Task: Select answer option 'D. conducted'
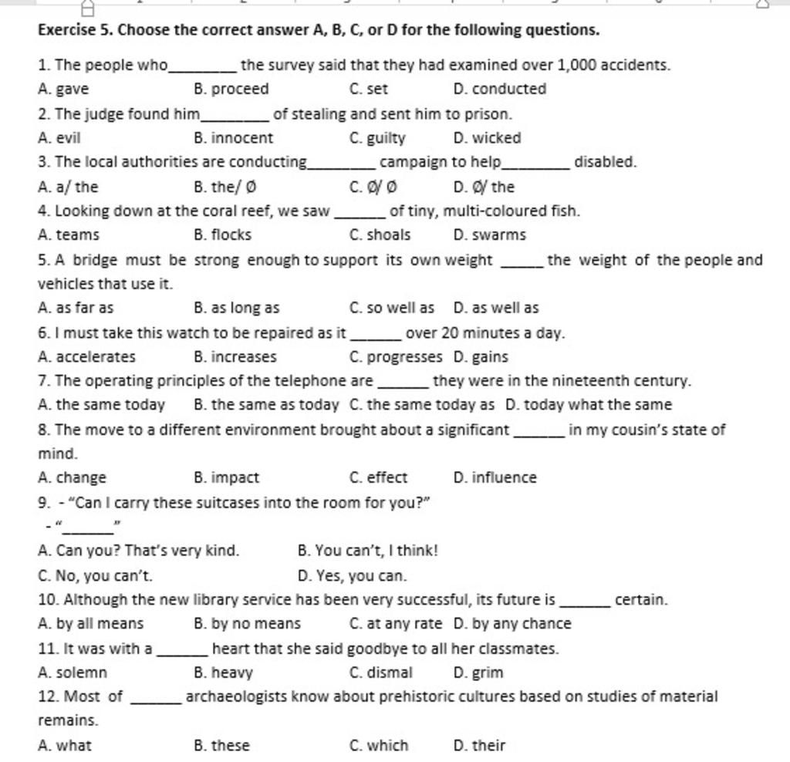[500, 89]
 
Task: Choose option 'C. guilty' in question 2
[377, 138]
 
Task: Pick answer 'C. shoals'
[380, 234]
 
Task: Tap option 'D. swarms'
[490, 234]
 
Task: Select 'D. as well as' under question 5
[496, 308]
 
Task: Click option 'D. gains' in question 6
[481, 357]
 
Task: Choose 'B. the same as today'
[266, 404]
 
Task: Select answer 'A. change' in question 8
[72, 477]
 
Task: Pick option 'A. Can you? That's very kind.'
[139, 551]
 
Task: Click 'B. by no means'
[248, 623]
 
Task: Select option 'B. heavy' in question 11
[224, 673]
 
